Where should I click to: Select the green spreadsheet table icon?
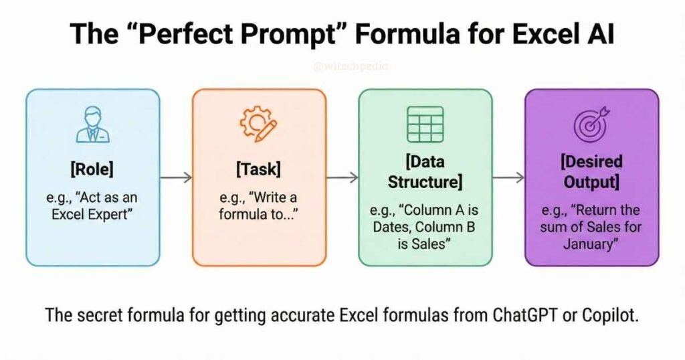pyautogui.click(x=425, y=124)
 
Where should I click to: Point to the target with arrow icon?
pyautogui.click(x=591, y=124)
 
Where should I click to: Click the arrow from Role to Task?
pyautogui.click(x=176, y=177)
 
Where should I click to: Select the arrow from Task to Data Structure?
pyautogui.click(x=342, y=177)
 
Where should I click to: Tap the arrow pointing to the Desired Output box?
pyautogui.click(x=508, y=177)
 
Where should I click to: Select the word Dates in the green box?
pyautogui.click(x=393, y=228)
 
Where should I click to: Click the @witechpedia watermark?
pyautogui.click(x=342, y=67)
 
